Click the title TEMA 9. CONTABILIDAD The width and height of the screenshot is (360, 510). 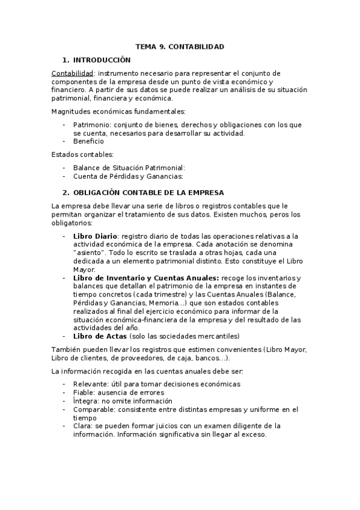pyautogui.click(x=180, y=46)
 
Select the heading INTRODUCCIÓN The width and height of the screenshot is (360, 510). pyautogui.click(x=101, y=60)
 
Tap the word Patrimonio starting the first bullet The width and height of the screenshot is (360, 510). pyautogui.click(x=90, y=124)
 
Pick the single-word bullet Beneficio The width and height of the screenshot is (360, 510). pyautogui.click(x=88, y=141)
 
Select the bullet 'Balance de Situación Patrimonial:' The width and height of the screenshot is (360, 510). pyautogui.click(x=129, y=168)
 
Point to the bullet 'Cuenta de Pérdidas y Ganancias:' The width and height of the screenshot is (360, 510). pyautogui.click(x=127, y=176)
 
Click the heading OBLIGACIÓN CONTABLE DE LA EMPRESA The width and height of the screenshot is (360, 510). pyautogui.click(x=148, y=192)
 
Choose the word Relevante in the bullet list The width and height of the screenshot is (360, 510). pyautogui.click(x=90, y=384)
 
